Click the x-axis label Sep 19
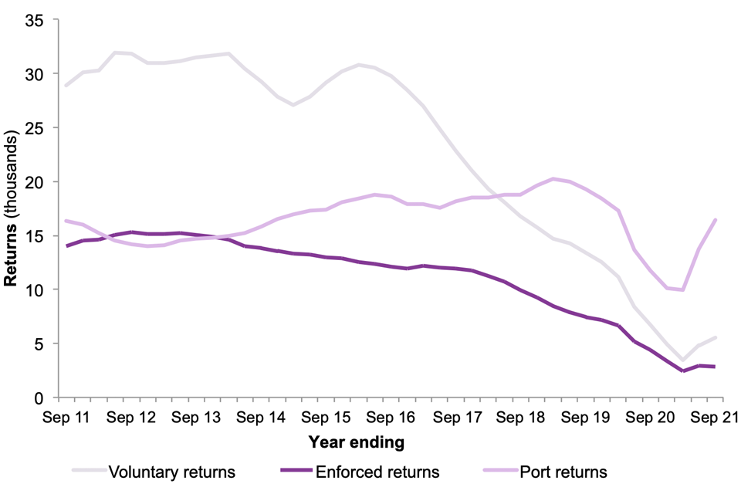(x=587, y=418)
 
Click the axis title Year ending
(x=356, y=442)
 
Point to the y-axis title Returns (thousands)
(x=12, y=208)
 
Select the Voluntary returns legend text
(x=172, y=471)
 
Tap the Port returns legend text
(x=564, y=471)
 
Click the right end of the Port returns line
(x=716, y=220)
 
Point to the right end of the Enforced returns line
(x=716, y=367)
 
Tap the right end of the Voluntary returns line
(x=716, y=338)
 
